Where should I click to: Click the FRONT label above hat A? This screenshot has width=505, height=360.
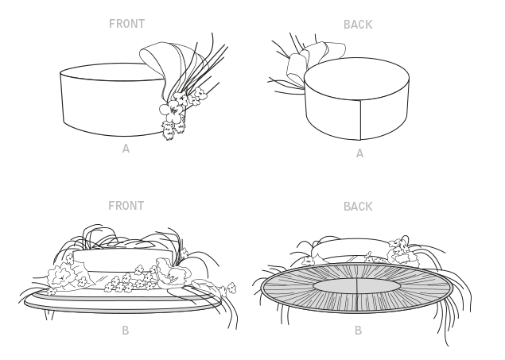point(126,24)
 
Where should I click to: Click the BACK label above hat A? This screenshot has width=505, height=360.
point(357,25)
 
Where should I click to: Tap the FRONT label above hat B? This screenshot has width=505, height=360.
point(126,206)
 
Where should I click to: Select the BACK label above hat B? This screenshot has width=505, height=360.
point(357,207)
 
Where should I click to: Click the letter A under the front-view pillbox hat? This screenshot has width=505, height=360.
point(126,149)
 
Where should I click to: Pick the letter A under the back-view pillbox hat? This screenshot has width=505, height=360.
point(359,153)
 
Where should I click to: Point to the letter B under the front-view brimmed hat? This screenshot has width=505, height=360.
point(126,330)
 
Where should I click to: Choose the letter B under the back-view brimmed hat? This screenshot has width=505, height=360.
point(358,330)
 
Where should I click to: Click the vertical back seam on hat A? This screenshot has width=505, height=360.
point(361,120)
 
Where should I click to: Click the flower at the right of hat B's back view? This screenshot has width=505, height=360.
point(402,250)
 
